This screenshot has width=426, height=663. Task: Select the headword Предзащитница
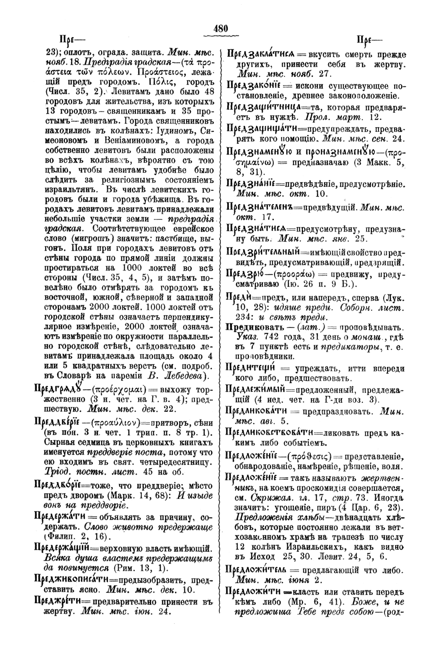(x=255, y=107)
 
